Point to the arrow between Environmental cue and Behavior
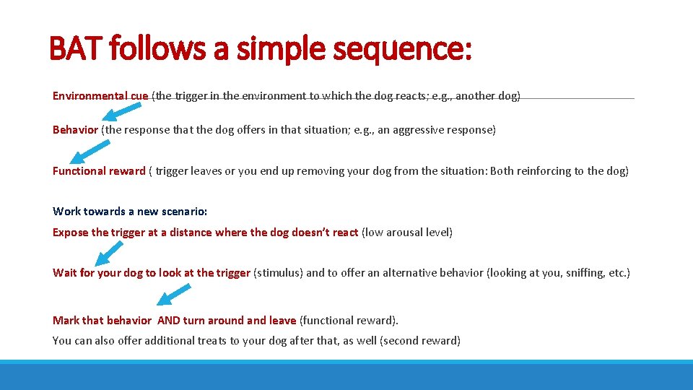click(x=121, y=111)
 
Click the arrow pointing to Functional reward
click(x=90, y=152)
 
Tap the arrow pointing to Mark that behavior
click(x=174, y=295)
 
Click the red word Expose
click(x=71, y=233)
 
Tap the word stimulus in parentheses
click(x=276, y=273)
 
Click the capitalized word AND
click(x=169, y=320)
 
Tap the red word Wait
click(x=65, y=273)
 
